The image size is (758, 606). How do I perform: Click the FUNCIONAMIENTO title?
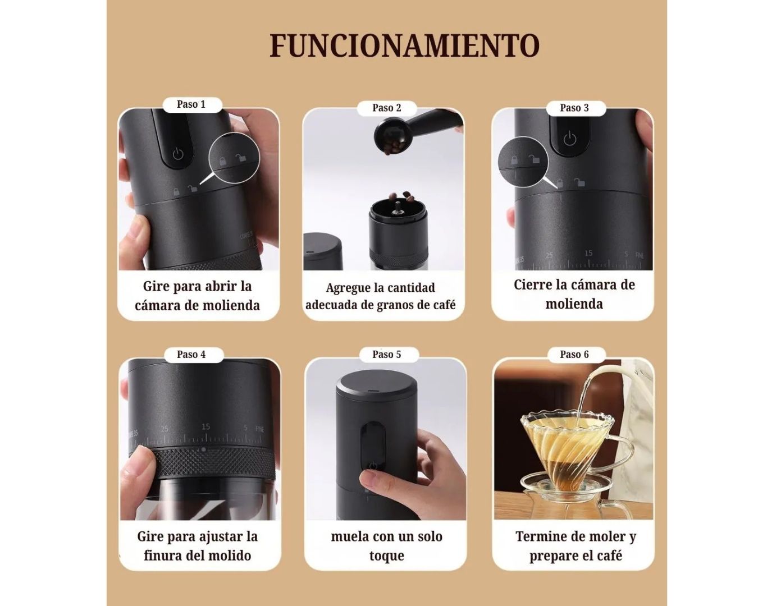[404, 46]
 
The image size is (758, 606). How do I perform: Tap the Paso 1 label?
[191, 104]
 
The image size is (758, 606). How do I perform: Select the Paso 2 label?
[387, 108]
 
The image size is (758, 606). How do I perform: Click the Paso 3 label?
[574, 108]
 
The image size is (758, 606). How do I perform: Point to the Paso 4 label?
[191, 355]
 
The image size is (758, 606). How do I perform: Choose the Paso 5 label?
[387, 355]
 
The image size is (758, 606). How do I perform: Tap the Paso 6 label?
[574, 355]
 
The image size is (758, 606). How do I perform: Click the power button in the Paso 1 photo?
[178, 154]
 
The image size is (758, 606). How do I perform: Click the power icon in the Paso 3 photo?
[569, 139]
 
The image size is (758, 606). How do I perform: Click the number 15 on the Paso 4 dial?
[206, 427]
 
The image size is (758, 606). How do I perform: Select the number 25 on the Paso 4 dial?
[165, 429]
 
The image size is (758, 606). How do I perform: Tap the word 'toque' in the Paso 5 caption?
[386, 556]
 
